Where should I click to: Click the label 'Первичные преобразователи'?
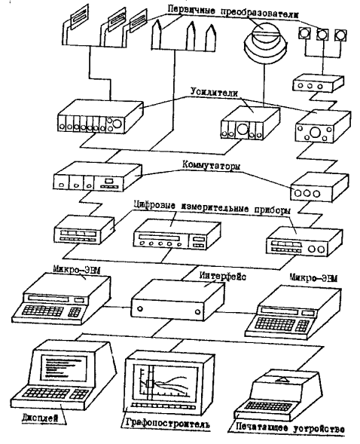pos(233,12)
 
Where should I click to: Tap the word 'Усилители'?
pos(214,92)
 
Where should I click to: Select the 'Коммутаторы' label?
pos(211,165)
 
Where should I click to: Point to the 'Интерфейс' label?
pos(223,276)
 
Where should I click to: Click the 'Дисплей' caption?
pos(40,418)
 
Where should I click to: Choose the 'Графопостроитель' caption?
pos(167,424)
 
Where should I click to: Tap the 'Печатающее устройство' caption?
pos(290,427)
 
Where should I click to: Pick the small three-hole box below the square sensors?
pos(318,83)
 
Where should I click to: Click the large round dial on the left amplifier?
pos(117,123)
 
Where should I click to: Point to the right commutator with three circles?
pos(319,187)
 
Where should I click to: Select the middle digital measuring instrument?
pos(177,234)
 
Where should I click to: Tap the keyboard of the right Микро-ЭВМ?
pos(282,323)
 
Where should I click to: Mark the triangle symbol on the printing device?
pos(282,379)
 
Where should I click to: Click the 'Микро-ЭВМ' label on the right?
pos(313,277)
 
